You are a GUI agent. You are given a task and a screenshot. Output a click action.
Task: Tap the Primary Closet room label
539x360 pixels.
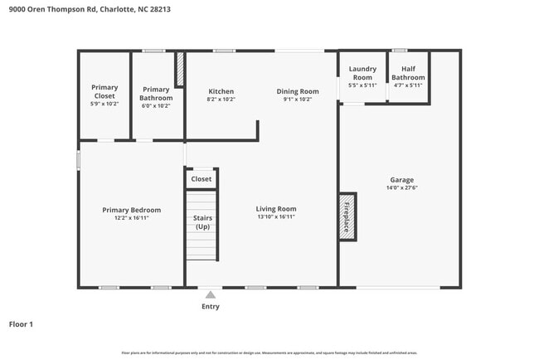(104, 91)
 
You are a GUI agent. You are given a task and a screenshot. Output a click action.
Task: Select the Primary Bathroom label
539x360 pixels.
(155, 93)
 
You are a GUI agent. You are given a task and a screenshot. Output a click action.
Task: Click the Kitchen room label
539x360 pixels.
(221, 91)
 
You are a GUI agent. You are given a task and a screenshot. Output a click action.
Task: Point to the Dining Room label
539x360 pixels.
(297, 91)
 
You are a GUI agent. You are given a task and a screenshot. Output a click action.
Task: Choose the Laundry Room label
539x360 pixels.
(362, 73)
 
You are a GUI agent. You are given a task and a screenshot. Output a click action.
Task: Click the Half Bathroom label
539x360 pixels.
(408, 73)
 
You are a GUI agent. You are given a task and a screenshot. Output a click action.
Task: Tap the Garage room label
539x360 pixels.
(402, 180)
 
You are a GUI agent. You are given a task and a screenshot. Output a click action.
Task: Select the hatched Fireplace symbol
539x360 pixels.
(347, 218)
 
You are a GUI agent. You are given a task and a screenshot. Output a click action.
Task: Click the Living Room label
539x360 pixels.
(275, 209)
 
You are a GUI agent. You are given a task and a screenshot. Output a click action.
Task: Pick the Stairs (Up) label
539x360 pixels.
(202, 221)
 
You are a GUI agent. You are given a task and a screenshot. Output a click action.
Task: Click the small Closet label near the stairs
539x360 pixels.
(202, 179)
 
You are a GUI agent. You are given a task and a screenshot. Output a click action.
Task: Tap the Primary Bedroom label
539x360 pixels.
(132, 210)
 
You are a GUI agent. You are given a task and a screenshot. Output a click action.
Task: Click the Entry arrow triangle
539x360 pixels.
(211, 294)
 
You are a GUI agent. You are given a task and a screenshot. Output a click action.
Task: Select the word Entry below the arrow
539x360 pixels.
(211, 306)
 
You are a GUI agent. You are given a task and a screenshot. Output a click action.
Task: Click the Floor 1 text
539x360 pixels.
(21, 324)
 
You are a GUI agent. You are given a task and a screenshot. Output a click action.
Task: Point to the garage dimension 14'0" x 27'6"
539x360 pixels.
(402, 187)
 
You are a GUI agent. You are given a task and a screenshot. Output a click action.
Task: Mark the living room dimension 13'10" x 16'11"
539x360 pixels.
(275, 217)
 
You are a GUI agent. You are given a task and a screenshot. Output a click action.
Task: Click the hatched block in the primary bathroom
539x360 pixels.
(179, 70)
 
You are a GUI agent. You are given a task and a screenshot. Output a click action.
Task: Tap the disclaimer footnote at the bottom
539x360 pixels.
(269, 353)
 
